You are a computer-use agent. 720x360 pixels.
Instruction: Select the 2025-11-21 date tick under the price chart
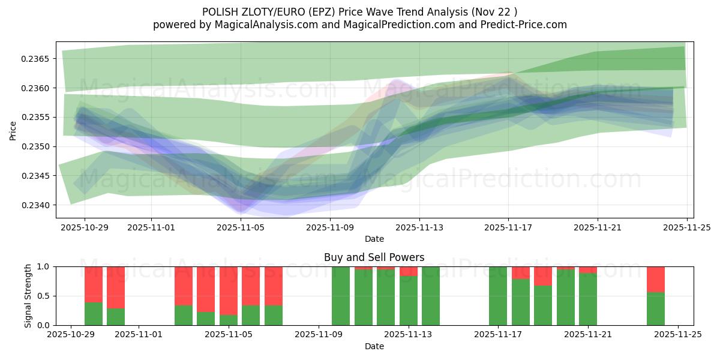(597, 227)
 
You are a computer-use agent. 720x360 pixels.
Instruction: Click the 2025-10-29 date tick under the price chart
(84, 227)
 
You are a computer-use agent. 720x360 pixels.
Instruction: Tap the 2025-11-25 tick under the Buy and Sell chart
(678, 335)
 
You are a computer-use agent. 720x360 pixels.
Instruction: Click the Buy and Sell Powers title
(374, 257)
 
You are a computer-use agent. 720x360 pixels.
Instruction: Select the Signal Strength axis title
(28, 296)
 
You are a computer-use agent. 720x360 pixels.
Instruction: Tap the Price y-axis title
(13, 130)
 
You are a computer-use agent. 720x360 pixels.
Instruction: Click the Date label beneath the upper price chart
(374, 239)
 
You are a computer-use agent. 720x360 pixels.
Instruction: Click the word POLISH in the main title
(220, 11)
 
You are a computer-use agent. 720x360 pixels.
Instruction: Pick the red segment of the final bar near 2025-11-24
(656, 279)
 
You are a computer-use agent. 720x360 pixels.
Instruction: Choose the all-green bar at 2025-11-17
(498, 296)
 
